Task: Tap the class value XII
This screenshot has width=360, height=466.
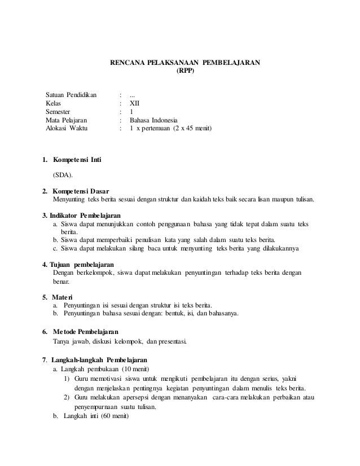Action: click(135, 103)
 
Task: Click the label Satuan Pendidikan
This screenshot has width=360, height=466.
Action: click(71, 95)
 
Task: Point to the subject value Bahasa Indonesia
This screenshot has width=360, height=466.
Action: click(153, 120)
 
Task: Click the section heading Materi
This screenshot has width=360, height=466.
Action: click(62, 297)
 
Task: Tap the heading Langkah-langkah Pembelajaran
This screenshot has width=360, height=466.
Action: click(99, 359)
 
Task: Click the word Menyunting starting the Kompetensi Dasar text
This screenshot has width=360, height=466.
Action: click(67, 199)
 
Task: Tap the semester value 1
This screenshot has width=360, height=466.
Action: click(131, 112)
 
